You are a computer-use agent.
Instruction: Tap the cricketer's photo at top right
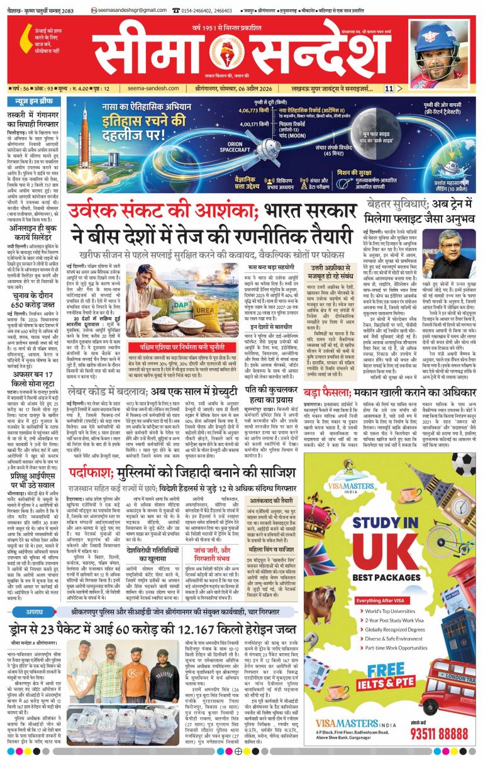443,50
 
